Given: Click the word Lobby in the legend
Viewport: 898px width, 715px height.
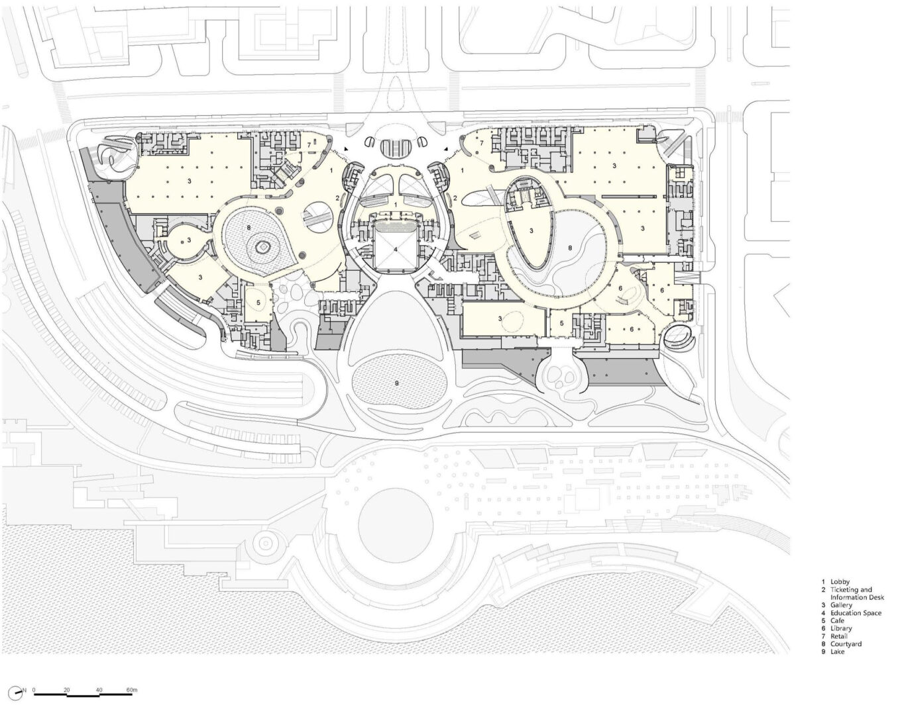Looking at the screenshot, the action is click(x=840, y=582).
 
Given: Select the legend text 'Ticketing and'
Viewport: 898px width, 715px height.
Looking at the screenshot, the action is click(x=851, y=590).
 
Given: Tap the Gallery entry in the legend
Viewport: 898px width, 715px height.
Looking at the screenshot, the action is click(x=841, y=605).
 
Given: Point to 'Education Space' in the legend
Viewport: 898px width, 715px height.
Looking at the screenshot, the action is click(x=856, y=613).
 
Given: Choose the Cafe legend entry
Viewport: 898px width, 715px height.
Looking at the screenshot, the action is click(x=837, y=621).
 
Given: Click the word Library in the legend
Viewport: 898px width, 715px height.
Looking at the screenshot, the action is click(x=841, y=629).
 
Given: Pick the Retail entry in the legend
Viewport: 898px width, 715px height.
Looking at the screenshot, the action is click(x=839, y=637).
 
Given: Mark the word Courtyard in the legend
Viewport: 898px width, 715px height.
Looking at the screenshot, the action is click(x=846, y=644).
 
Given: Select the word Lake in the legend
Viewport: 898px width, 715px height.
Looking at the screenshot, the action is click(x=838, y=652).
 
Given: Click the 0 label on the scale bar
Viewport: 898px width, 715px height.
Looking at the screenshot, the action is click(x=34, y=690).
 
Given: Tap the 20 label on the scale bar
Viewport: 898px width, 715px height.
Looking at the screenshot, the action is click(x=67, y=690).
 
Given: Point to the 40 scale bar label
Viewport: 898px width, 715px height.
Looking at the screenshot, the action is click(x=99, y=690).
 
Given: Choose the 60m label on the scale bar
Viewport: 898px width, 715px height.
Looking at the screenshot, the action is click(x=132, y=690).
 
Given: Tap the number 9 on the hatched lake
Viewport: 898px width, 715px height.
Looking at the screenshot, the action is click(x=397, y=382).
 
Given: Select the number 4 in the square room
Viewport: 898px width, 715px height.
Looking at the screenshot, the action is click(x=396, y=250).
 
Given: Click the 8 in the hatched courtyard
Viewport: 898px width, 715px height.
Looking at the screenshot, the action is click(x=249, y=228).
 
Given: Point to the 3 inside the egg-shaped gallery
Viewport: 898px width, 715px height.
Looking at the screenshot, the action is click(x=532, y=230).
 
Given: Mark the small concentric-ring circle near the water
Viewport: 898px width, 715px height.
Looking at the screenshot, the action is click(x=264, y=543).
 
